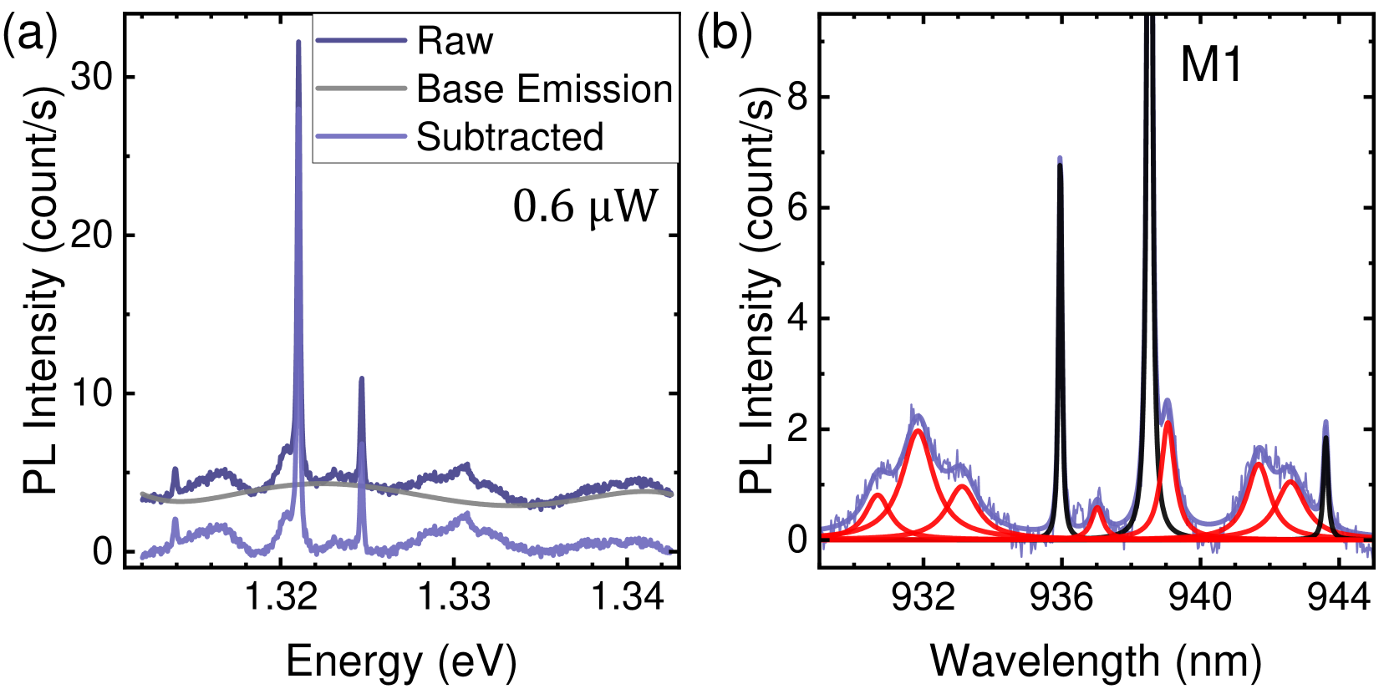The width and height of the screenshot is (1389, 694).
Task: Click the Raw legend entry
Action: tap(455, 41)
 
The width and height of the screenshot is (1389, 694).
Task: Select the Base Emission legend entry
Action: tap(544, 89)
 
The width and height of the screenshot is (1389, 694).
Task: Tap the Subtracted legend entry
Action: tap(510, 137)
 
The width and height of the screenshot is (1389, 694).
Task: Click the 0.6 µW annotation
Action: tap(585, 206)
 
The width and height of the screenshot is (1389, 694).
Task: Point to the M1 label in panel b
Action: tap(1211, 64)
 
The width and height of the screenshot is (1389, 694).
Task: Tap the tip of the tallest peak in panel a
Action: tap(298, 42)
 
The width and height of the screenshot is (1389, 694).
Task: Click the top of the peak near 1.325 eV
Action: tap(361, 378)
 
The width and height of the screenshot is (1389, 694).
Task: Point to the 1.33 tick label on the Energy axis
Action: tap(454, 598)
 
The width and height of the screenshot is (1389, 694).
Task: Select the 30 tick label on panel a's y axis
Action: tap(92, 77)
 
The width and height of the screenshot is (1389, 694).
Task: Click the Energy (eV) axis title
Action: tap(401, 662)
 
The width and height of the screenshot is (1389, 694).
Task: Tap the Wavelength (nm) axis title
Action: tap(1096, 662)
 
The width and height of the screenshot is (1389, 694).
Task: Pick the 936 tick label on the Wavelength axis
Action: tap(1061, 598)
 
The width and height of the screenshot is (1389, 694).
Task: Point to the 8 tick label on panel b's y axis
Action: tap(797, 97)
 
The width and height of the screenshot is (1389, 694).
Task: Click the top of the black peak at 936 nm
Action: tap(1060, 165)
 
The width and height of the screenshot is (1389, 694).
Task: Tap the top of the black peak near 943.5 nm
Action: tap(1325, 437)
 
